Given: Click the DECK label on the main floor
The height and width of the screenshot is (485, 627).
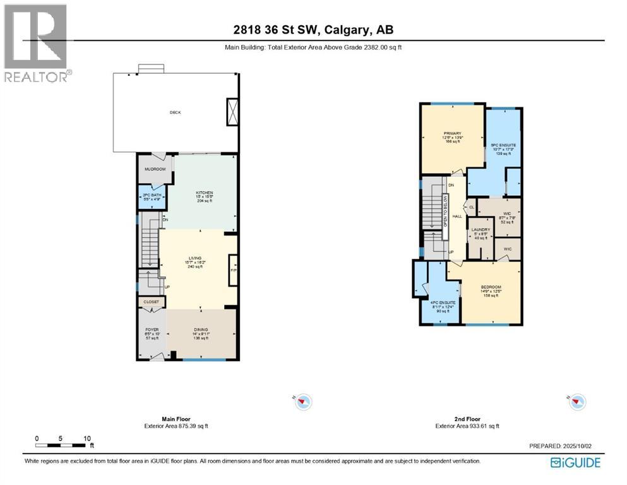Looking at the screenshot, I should tap(175, 112).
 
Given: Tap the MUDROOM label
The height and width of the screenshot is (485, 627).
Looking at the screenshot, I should tap(155, 169).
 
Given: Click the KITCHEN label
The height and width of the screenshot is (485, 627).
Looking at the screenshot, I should tap(204, 193).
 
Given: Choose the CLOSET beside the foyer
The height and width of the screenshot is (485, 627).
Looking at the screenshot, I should tap(152, 302).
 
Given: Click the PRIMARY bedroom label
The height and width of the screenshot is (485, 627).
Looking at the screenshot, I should tap(452, 133).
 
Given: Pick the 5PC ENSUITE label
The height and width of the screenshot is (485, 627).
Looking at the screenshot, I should tap(503, 145).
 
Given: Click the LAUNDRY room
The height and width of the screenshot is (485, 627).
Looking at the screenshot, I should tap(481, 230).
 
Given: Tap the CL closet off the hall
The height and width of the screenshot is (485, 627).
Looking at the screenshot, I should tap(471, 207).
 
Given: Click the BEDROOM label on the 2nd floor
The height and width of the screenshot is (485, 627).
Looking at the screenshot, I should tap(491, 287).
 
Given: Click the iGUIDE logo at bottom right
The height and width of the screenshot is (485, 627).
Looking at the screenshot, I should tap(575, 463).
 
